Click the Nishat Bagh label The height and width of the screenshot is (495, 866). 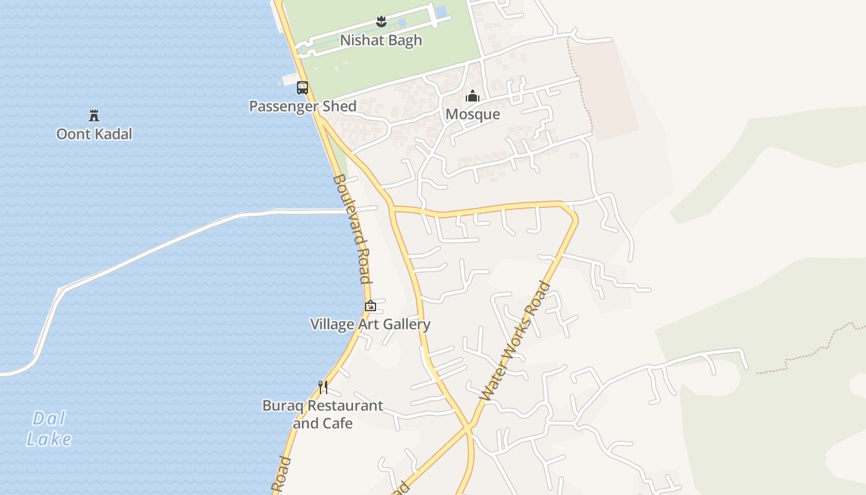tap(380, 40)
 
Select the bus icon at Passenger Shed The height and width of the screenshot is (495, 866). tap(302, 88)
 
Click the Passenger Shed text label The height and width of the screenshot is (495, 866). tap(302, 106)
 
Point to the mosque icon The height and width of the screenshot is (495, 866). tap(473, 97)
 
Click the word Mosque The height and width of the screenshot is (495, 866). tap(473, 114)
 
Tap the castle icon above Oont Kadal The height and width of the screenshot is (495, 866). tap(94, 116)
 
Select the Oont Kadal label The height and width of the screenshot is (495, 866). tap(94, 134)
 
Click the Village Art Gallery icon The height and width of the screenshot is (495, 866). tap(370, 306)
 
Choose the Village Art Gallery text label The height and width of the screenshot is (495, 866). tap(370, 324)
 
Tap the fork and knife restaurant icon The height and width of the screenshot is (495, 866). tap(322, 387)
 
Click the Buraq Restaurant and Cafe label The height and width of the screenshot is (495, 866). tap(322, 415)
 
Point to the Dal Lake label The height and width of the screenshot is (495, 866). tap(48, 429)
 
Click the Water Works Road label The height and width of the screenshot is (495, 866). tap(515, 342)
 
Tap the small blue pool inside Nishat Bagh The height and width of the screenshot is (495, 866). tap(440, 12)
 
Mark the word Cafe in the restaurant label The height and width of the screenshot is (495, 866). tap(340, 424)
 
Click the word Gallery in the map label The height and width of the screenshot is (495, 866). tap(406, 324)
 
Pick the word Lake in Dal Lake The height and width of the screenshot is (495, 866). tap(48, 439)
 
